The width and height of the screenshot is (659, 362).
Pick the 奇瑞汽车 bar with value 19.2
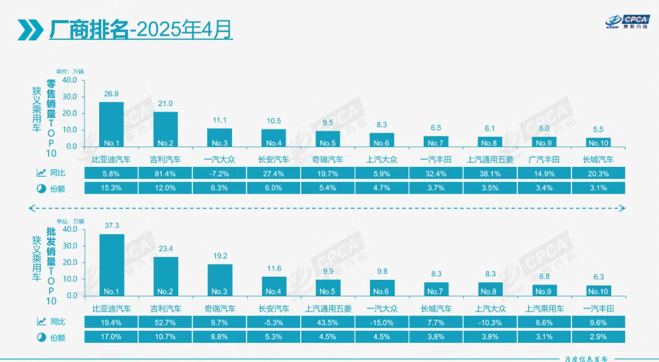point(219,280)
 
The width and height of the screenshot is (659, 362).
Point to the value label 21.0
point(165,104)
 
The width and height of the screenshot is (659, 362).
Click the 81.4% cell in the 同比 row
point(165,174)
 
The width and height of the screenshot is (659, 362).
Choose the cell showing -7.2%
point(219,174)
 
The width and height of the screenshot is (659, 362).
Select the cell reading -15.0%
point(382,322)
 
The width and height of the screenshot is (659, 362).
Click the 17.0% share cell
point(111,337)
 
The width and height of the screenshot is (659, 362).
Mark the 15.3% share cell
point(111,188)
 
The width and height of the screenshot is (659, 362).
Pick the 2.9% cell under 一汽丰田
point(598,337)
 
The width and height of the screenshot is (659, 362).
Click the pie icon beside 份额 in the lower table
point(42,337)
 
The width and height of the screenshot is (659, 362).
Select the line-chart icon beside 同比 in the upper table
point(42,174)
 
